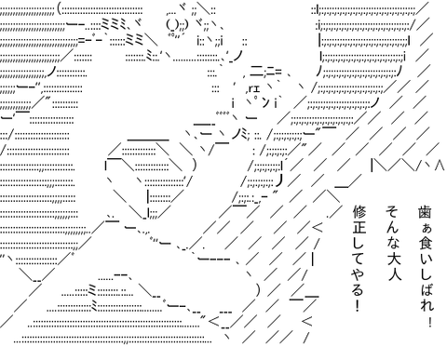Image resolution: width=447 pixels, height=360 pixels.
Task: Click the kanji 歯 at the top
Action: tap(425, 212)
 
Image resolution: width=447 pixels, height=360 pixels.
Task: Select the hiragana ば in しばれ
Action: tap(426, 289)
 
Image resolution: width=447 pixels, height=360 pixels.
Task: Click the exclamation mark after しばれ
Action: tap(430, 321)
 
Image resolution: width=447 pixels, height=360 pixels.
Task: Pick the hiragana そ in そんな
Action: tap(393, 212)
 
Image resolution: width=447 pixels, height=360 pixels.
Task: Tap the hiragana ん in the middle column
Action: tap(393, 228)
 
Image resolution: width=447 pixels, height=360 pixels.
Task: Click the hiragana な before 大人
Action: tap(393, 244)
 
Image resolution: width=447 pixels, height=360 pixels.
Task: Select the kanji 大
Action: tap(393, 259)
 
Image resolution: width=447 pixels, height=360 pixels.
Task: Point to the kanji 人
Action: tap(393, 273)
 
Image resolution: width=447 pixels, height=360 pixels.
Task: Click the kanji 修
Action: tap(359, 212)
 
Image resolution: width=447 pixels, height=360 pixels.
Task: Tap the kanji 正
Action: tap(359, 228)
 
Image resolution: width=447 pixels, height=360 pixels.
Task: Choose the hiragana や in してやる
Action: tap(359, 273)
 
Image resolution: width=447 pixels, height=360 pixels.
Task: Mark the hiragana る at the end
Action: tap(359, 289)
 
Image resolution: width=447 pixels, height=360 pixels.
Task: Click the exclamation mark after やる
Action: tap(358, 306)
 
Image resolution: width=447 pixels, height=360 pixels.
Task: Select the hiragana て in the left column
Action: tap(359, 259)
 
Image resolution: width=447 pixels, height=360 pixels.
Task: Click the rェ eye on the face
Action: tap(254, 89)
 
